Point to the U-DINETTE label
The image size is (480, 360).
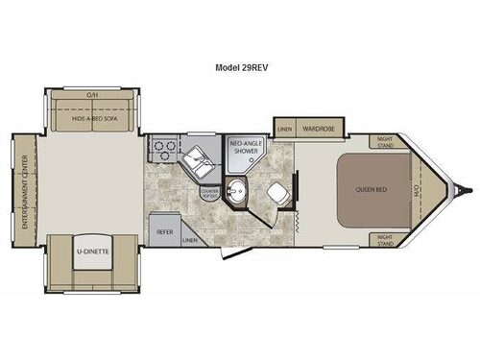point(91,253)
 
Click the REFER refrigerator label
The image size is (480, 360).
point(164,231)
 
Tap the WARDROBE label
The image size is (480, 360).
point(316,127)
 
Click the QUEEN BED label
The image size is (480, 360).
point(375,188)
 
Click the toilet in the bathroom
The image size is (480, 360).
point(278,190)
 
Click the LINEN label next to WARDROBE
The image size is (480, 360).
point(284,127)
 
